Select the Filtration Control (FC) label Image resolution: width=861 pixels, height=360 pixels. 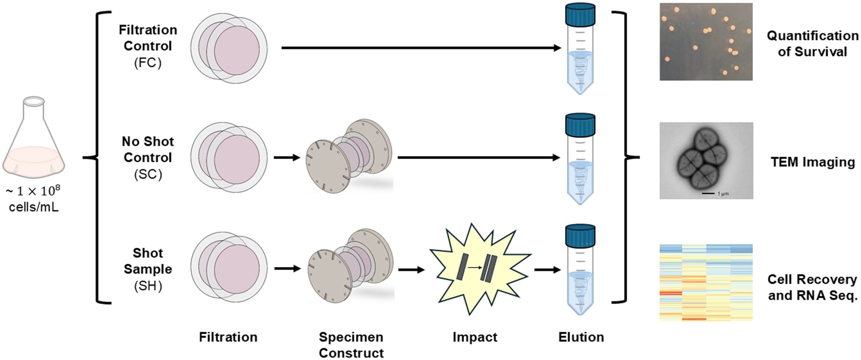click(x=148, y=46)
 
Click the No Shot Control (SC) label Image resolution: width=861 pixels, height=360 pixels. click(x=148, y=158)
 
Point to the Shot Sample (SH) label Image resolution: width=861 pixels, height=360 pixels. click(x=148, y=269)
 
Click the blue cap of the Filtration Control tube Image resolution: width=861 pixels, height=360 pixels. click(x=580, y=15)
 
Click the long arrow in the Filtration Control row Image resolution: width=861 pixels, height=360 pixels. click(x=420, y=48)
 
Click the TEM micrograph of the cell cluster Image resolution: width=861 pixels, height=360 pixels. click(x=706, y=160)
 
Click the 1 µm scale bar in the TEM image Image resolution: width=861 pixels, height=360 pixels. click(x=708, y=193)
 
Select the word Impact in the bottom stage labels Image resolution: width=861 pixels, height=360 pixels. click(x=475, y=337)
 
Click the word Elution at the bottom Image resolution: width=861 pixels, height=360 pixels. click(x=581, y=337)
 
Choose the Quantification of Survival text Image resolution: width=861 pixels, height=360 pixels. click(x=812, y=44)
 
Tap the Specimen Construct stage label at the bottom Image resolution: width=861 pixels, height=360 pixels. click(x=351, y=345)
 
